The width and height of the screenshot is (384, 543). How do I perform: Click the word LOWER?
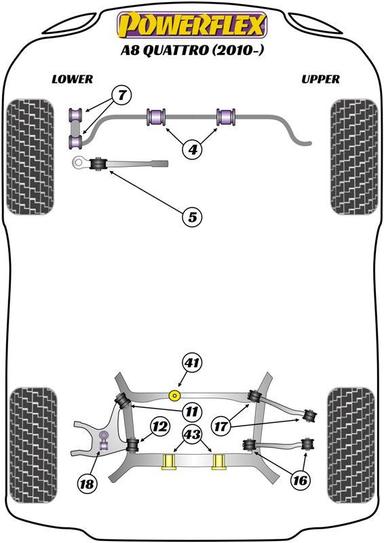(x=72, y=79)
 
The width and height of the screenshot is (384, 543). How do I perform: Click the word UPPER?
(x=320, y=79)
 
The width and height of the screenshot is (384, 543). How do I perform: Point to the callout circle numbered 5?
(x=193, y=217)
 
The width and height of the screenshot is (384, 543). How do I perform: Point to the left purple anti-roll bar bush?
(x=157, y=117)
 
